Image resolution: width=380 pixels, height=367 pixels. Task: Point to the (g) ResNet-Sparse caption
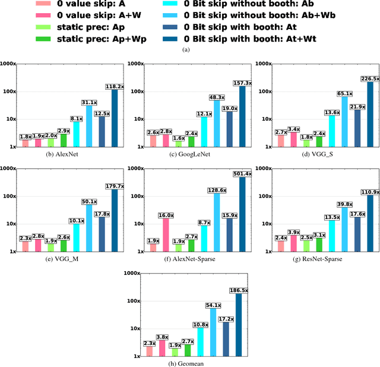pyautogui.click(x=315, y=259)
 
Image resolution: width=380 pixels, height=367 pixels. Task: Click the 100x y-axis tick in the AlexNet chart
pyautogui.click(x=8, y=91)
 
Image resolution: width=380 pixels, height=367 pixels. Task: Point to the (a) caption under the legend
pyautogui.click(x=188, y=50)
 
